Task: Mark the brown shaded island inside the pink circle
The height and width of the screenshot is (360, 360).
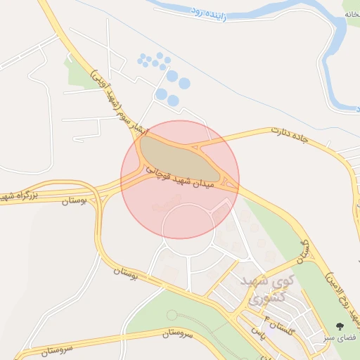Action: point(179,158)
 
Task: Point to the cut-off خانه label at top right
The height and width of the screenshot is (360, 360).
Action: point(352,14)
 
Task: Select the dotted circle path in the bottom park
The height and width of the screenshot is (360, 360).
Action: point(172,315)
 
